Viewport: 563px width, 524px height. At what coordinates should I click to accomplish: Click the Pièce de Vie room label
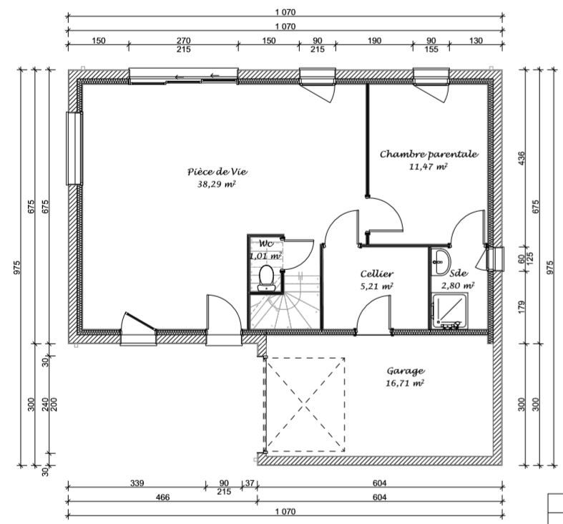(217, 172)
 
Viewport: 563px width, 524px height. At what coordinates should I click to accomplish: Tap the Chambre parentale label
(429, 154)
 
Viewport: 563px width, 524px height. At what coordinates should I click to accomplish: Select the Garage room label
(406, 371)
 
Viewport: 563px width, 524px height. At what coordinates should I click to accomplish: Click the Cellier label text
(377, 274)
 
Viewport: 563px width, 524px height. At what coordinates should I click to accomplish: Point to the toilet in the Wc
(266, 278)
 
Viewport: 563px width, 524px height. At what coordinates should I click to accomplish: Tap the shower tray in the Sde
(449, 311)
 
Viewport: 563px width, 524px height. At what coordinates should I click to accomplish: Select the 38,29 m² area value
(217, 185)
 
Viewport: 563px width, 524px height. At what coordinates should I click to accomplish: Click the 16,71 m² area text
(405, 383)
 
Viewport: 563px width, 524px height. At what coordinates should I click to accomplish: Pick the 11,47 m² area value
(429, 166)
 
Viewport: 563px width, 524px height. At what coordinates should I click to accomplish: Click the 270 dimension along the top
(183, 41)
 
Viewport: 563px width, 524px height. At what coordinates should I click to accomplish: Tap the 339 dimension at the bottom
(137, 482)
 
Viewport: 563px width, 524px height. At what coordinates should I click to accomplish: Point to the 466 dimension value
(162, 497)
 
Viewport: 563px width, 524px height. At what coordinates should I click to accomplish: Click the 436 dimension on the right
(522, 158)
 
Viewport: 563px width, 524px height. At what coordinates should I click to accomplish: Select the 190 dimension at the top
(374, 41)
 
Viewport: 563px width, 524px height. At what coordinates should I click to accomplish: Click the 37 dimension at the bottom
(249, 482)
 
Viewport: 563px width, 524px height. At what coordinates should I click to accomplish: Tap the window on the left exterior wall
(74, 148)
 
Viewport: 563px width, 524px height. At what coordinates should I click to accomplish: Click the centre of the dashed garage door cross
(305, 404)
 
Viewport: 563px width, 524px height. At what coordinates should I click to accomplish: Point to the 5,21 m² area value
(376, 286)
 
